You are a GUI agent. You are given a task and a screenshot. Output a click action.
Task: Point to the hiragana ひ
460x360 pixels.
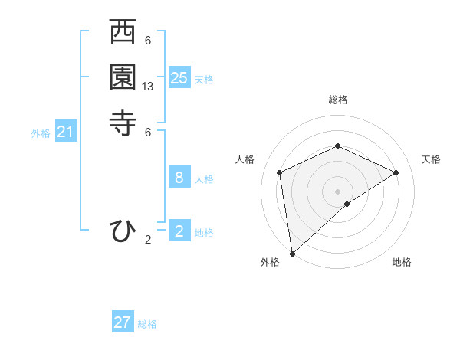[x=123, y=231]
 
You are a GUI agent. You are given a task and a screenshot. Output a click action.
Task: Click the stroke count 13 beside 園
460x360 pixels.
[x=148, y=87]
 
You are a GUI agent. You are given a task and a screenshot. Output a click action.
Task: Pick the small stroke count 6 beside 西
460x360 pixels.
[x=148, y=41]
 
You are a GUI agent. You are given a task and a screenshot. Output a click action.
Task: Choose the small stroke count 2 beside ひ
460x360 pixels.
[x=148, y=240]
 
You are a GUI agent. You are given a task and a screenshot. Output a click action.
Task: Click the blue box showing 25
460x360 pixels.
[x=179, y=77]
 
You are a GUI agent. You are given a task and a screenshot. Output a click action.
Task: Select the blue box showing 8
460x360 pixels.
[x=179, y=178]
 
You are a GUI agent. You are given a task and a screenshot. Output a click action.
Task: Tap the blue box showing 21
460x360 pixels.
[x=66, y=132]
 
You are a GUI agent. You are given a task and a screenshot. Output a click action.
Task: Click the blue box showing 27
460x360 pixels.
[x=123, y=322]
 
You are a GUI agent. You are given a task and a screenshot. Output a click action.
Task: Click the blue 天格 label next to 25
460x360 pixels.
[x=204, y=79]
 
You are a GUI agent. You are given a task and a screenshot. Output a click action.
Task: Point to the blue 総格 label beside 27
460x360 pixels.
[x=147, y=324]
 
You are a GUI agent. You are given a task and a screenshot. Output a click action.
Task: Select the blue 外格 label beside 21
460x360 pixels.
[x=41, y=133]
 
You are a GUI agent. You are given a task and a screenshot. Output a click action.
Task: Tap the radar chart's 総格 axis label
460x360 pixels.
[x=338, y=100]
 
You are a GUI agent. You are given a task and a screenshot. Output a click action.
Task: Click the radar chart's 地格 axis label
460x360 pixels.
[x=402, y=263]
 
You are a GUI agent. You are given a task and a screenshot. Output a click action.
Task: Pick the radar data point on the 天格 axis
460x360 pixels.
[x=396, y=172]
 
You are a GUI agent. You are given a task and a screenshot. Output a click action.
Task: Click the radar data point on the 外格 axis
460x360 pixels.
[x=292, y=253]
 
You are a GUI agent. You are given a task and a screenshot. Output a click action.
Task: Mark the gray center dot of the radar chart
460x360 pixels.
[x=338, y=191]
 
